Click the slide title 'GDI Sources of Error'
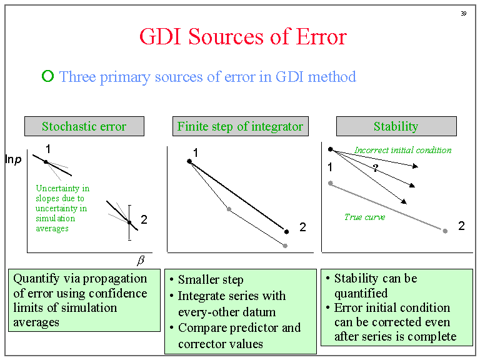[243, 37]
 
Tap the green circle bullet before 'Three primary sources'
[47, 76]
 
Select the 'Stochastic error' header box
[84, 126]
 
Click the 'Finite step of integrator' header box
[240, 126]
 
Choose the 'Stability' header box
[396, 126]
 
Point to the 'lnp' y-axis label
[14, 159]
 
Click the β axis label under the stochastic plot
[141, 260]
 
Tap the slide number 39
[464, 14]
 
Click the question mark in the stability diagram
[376, 167]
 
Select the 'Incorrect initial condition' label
[403, 150]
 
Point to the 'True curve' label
[364, 217]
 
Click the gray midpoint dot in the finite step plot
[229, 209]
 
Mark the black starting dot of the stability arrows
[330, 149]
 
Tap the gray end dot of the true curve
[445, 231]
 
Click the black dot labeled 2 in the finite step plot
[286, 232]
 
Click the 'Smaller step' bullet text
[211, 279]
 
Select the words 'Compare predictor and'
[239, 328]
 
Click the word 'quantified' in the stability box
[361, 293]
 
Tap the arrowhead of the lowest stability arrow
[404, 201]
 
